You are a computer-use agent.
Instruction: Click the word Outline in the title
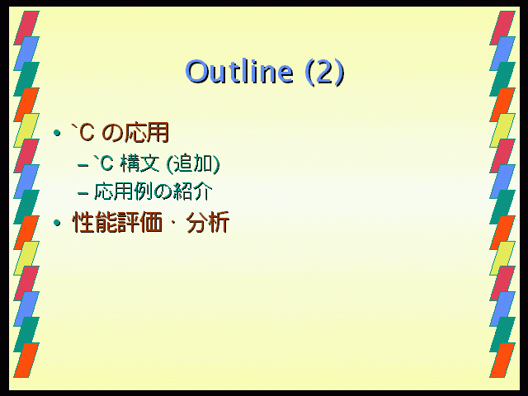pyautogui.click(x=239, y=72)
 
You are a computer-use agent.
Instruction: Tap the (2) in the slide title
pyautogui.click(x=324, y=72)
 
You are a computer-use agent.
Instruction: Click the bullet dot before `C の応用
pyautogui.click(x=57, y=133)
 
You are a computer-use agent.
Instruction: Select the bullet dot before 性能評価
pyautogui.click(x=57, y=223)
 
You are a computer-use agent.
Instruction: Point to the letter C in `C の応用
pyautogui.click(x=87, y=133)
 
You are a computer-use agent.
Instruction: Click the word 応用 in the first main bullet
pyautogui.click(x=147, y=132)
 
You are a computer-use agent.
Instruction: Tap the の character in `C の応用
pyautogui.click(x=112, y=133)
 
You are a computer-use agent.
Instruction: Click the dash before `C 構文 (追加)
pyautogui.click(x=82, y=165)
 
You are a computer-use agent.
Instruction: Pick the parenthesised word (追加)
pyautogui.click(x=193, y=163)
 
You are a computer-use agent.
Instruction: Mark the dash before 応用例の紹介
pyautogui.click(x=82, y=194)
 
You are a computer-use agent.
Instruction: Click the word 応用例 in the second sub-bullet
pyautogui.click(x=124, y=191)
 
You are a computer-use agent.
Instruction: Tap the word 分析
pyautogui.click(x=207, y=222)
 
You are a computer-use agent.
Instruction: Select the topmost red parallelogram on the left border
pyautogui.click(x=26, y=28)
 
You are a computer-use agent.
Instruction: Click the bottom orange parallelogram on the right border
pyautogui.click(x=502, y=360)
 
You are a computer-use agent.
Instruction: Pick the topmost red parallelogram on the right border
pyautogui.click(x=502, y=28)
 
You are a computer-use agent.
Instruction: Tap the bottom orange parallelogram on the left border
pyautogui.click(x=26, y=360)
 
